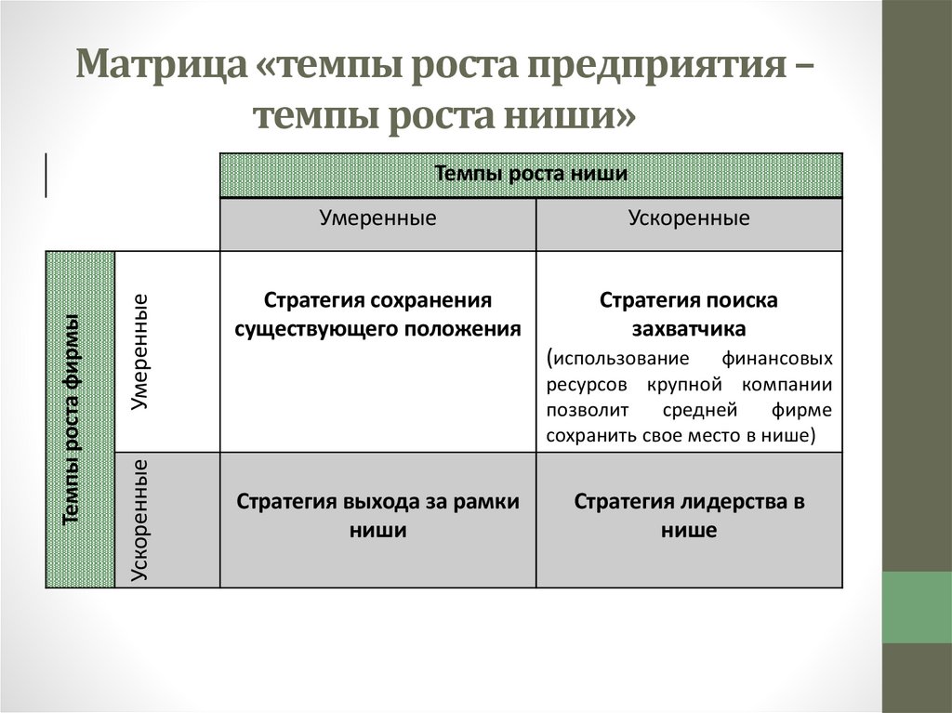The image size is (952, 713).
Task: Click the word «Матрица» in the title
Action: point(159,69)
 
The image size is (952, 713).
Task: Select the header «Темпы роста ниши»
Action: point(531,174)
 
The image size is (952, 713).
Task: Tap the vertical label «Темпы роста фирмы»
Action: point(72,420)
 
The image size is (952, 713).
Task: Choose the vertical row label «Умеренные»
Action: point(141,352)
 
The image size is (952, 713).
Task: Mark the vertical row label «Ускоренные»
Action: point(141,520)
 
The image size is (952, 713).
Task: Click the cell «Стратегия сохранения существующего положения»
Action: point(377,314)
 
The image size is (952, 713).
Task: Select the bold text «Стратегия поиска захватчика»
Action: point(689,314)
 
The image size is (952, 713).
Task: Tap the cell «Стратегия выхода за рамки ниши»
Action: point(377,515)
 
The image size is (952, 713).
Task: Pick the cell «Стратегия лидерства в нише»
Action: point(689,515)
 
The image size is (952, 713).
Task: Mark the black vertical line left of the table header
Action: point(46,174)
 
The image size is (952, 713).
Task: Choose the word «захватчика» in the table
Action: point(689,328)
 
